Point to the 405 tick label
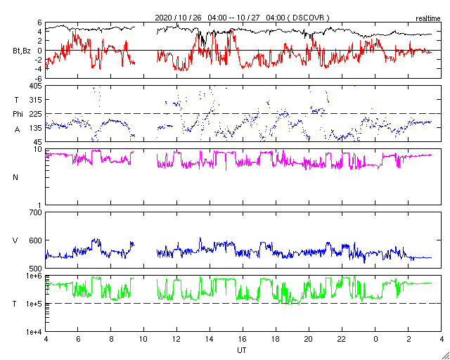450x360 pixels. click(34, 86)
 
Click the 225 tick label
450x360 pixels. click(34, 113)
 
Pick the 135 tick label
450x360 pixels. click(34, 127)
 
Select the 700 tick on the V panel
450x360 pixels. click(34, 212)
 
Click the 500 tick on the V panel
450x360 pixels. click(34, 268)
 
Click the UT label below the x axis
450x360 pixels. click(242, 349)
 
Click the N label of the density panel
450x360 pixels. click(16, 176)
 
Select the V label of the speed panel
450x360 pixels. click(15, 240)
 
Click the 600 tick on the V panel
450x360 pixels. click(34, 240)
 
